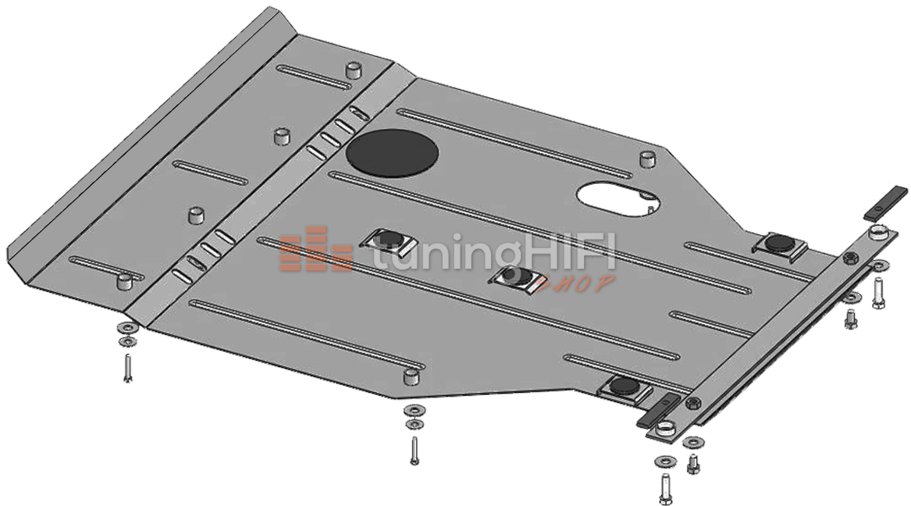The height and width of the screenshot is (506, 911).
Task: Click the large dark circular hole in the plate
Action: [x=392, y=151]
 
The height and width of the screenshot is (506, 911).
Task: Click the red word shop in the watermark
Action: [x=576, y=283]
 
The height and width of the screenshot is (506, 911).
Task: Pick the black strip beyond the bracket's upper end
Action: [x=885, y=203]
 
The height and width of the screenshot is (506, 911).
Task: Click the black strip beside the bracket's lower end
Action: [x=658, y=411]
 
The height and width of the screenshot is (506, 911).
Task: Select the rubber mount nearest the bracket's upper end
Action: [x=778, y=244]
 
